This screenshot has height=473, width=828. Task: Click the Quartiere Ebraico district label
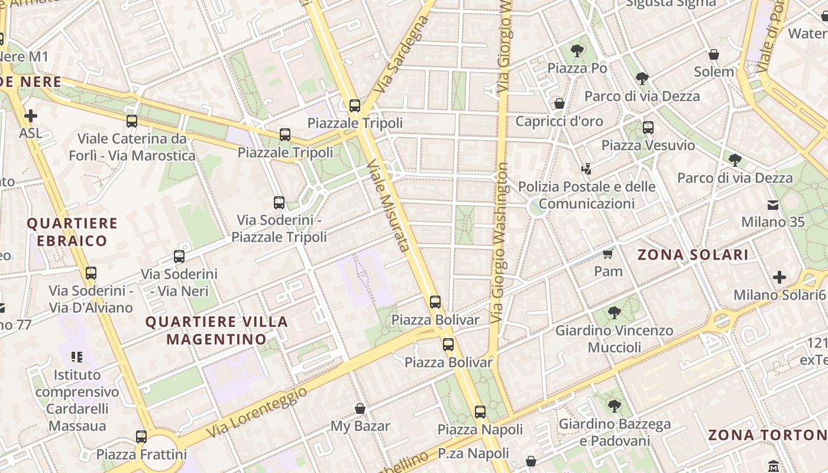72,232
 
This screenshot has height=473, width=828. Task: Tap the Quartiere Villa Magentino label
216,331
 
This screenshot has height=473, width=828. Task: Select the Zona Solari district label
693,255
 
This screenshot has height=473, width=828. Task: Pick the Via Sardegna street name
402,54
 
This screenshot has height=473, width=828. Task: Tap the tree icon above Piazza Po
577,51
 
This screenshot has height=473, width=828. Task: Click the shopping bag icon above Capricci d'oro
559,104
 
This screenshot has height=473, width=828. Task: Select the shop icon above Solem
714,54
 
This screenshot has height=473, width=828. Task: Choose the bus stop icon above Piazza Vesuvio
648,127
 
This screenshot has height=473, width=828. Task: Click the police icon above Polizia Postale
586,169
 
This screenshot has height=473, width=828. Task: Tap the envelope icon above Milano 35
773,205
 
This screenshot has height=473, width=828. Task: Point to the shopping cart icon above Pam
607,254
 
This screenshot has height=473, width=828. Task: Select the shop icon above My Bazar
360,409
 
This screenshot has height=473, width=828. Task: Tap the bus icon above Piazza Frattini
141,437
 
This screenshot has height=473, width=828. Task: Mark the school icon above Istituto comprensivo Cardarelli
76,357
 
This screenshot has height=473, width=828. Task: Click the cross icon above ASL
30,116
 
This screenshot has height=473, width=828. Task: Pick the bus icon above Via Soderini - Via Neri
179,257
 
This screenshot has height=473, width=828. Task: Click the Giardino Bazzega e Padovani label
614,432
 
